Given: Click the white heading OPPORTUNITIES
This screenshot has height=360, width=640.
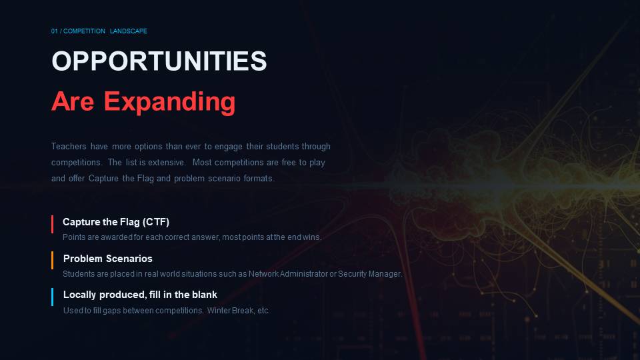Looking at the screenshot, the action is (x=159, y=61).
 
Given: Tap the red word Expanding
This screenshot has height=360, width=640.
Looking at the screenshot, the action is (x=169, y=102).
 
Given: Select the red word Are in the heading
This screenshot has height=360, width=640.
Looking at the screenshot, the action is (x=73, y=101).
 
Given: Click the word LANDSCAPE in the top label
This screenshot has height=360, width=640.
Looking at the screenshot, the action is (x=128, y=31).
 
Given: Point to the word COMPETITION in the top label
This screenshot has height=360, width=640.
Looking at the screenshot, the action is (x=84, y=31).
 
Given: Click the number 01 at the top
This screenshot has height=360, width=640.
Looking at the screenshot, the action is (x=54, y=31).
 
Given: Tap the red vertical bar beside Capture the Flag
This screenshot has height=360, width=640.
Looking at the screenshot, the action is (x=52, y=225).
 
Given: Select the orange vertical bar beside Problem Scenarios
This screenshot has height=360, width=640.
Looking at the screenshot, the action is (x=52, y=261).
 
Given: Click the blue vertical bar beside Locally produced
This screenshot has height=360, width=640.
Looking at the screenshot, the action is (x=52, y=297).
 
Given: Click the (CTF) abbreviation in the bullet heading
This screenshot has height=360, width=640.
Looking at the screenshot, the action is (x=155, y=222).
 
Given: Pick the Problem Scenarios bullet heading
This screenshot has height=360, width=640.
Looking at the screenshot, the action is (x=108, y=259).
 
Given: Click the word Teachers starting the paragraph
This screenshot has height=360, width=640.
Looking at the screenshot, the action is (x=69, y=146).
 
